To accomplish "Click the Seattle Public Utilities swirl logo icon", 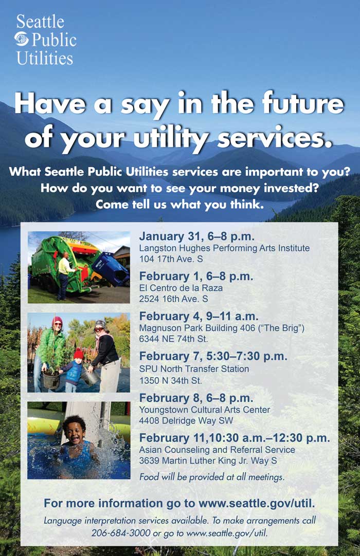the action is point(21,39).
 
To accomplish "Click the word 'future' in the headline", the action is point(303,103).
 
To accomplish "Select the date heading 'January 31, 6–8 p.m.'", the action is point(196,236).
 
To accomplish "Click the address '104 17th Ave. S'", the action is point(171,259).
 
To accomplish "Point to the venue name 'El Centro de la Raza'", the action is point(181,288).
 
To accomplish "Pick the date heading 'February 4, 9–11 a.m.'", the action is point(199,316).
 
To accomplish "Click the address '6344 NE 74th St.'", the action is point(173,339).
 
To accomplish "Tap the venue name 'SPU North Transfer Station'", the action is point(194,369).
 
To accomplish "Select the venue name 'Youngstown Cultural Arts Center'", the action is point(205,410).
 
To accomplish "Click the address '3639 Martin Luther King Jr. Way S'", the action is point(208,460).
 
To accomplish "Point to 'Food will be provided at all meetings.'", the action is point(212,477).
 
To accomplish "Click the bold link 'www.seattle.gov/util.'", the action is point(256,503).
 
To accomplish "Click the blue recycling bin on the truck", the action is point(110,268).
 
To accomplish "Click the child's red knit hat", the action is point(78,354).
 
